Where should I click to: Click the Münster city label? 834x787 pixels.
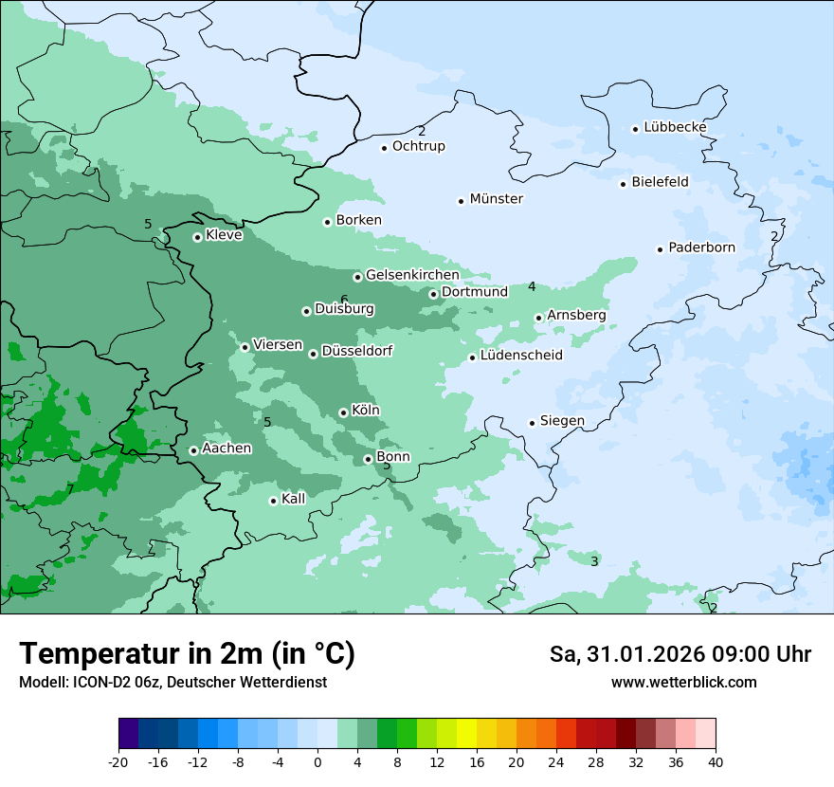[x=496, y=199]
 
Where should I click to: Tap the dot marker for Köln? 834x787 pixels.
[x=343, y=412]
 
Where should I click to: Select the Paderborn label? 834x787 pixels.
[x=701, y=247]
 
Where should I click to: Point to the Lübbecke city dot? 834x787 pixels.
[x=636, y=129]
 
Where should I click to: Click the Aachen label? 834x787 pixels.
[x=227, y=448]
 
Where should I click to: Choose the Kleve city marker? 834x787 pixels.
[x=197, y=237]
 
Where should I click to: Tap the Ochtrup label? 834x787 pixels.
[x=418, y=146]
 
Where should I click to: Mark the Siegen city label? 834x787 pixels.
[x=562, y=421]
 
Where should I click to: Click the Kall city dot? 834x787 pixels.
[x=273, y=501]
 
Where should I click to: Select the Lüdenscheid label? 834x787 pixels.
[x=521, y=356]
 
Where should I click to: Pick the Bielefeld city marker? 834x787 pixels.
[x=624, y=184]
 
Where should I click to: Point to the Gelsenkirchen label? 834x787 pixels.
[x=412, y=275]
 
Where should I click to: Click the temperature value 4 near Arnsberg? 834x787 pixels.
[x=532, y=286]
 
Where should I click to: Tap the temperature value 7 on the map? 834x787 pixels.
[x=70, y=489]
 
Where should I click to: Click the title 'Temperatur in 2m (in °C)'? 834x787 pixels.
[x=187, y=654]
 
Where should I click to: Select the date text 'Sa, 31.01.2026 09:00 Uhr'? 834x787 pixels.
[x=680, y=654]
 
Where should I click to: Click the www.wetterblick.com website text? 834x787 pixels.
[x=683, y=682]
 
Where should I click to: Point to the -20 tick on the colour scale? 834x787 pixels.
[x=118, y=761]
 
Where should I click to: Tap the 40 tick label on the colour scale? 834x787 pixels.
[x=715, y=761]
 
